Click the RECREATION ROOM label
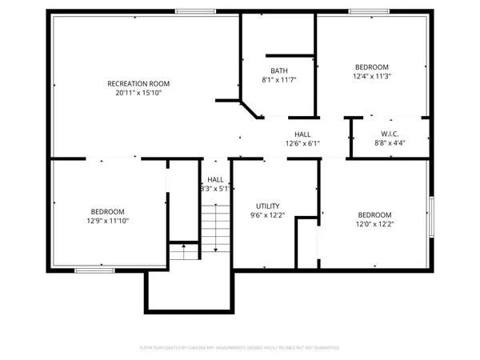(138, 83)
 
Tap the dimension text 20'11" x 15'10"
(138, 92)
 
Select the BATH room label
(279, 70)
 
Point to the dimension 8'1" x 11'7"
(279, 80)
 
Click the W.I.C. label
(390, 134)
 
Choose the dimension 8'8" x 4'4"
(390, 142)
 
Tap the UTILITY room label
(267, 206)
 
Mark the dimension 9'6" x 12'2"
(267, 215)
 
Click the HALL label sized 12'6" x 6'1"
(302, 134)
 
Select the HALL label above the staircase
(216, 180)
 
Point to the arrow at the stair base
(184, 249)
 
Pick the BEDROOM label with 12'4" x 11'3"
(371, 67)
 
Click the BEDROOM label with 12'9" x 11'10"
(107, 211)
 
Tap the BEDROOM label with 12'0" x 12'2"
(374, 214)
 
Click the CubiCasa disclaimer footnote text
(239, 348)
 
